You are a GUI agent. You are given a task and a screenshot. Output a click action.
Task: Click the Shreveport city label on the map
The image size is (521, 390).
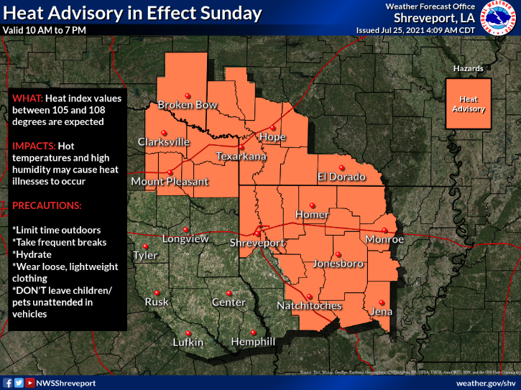pos(257,244)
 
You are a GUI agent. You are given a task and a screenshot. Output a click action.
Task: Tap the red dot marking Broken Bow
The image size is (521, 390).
pos(187,96)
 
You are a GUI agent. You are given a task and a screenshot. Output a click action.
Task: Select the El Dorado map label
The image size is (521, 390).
pos(342,177)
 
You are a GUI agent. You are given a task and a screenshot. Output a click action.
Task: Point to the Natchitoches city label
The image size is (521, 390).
pos(309,306)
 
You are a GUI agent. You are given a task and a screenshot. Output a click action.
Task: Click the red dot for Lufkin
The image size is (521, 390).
pos(188,333)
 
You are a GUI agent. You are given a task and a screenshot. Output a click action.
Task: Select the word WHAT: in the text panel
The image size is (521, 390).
pos(27,98)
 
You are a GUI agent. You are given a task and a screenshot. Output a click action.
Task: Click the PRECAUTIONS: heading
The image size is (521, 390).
pos(47,205)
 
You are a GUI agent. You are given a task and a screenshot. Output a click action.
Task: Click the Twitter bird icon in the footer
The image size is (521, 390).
pos(19,384)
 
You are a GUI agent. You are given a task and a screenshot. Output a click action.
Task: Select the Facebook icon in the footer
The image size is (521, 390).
pos(8,384)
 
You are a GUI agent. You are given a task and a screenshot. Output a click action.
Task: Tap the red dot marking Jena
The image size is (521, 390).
pos(382,302)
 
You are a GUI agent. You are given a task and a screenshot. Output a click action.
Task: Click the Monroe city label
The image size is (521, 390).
pos(384,239)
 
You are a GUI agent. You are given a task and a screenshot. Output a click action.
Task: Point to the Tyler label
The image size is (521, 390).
pos(144,256)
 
